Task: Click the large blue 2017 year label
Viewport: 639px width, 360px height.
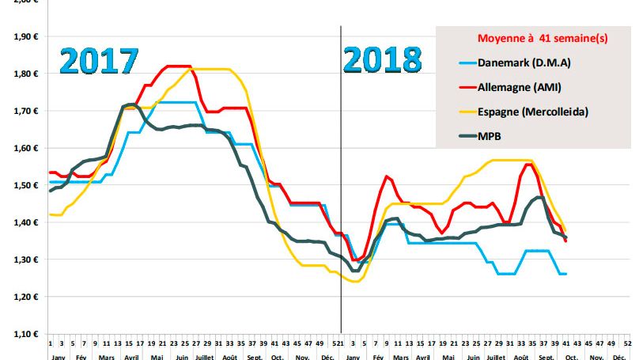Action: point(100,61)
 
